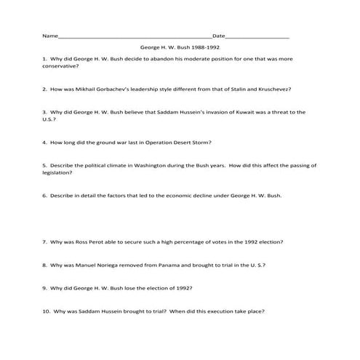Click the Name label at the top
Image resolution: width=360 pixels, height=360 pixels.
[49, 36]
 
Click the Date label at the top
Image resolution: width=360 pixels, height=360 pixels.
[218, 36]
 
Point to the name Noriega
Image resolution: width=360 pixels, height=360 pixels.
[103, 265]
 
